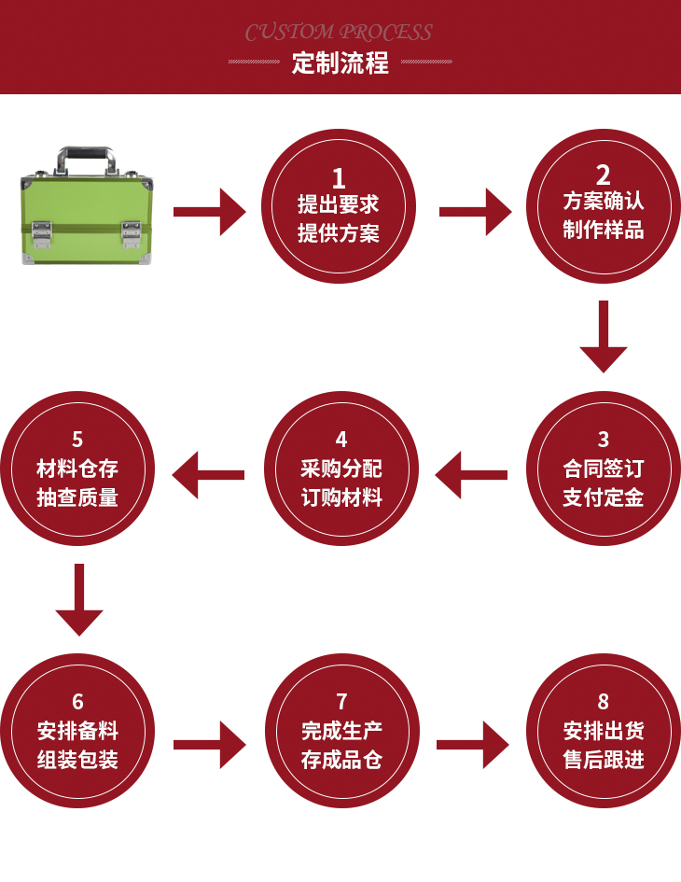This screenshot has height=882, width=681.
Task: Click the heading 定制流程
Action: pos(340,64)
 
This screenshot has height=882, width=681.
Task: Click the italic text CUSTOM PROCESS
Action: pos(339,33)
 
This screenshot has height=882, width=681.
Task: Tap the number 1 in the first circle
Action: pos(339,178)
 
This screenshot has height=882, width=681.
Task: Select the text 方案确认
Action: pos(604,202)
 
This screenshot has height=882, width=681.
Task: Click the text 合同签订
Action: pos(604,469)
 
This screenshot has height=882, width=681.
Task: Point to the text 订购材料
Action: pos(341,497)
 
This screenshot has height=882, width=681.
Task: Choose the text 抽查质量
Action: pos(77,497)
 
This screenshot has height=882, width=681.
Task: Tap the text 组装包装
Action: pos(77,760)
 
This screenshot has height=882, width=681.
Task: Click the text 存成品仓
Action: pos(341,760)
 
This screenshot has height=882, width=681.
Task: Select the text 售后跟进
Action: pos(604,760)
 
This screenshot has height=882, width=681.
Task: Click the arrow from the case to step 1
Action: pos(211,212)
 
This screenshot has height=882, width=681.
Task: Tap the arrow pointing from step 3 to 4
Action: pos(471,475)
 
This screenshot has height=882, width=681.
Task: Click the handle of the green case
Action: pos(89,158)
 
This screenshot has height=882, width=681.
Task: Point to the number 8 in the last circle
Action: pos(604,702)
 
